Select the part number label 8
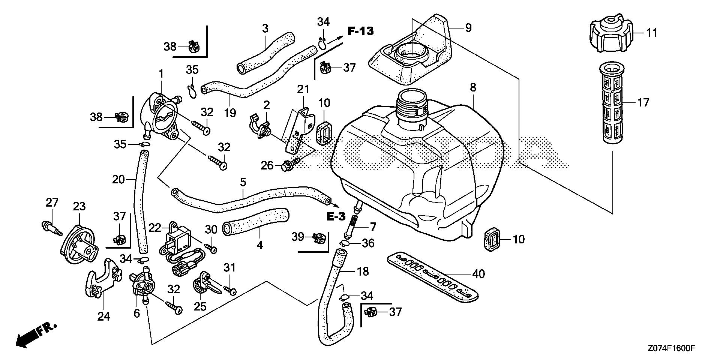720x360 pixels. [x=473, y=88]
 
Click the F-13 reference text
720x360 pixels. [x=360, y=31]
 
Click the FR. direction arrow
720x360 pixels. [x=36, y=334]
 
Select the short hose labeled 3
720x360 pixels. [x=266, y=52]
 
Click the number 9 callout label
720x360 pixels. [x=468, y=28]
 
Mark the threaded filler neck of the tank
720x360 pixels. [x=412, y=104]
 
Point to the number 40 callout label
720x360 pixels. [x=478, y=274]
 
